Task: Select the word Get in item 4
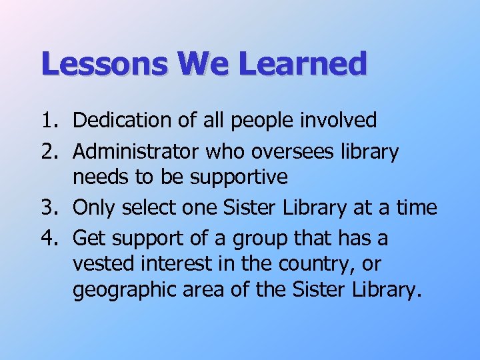[x=88, y=237]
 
